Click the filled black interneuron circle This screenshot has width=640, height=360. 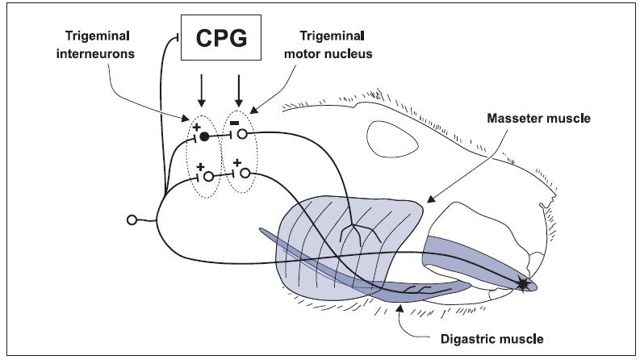204,136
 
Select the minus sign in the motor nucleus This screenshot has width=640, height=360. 233,122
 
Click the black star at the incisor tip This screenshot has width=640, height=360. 525,283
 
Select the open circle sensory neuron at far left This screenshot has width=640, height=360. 132,220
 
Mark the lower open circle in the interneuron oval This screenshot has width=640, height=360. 208,174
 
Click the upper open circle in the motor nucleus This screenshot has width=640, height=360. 241,135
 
